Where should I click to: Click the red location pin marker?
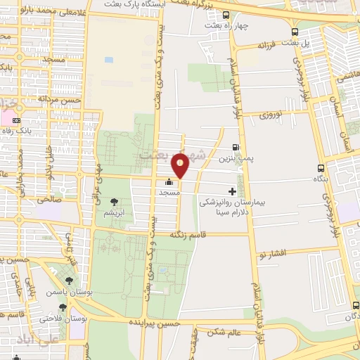pos(180,165)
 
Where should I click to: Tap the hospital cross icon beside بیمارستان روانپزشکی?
pos(233,191)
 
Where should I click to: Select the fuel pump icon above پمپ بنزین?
pos(235,148)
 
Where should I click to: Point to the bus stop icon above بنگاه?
pos(321,167)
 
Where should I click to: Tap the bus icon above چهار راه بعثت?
pos(225,15)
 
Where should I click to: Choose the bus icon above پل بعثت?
pos(294,32)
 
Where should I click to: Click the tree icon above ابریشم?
pos(114,202)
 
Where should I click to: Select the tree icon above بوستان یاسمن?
pos(68,282)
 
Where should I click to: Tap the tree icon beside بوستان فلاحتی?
pos(63,307)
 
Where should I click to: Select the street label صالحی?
pos(49,200)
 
